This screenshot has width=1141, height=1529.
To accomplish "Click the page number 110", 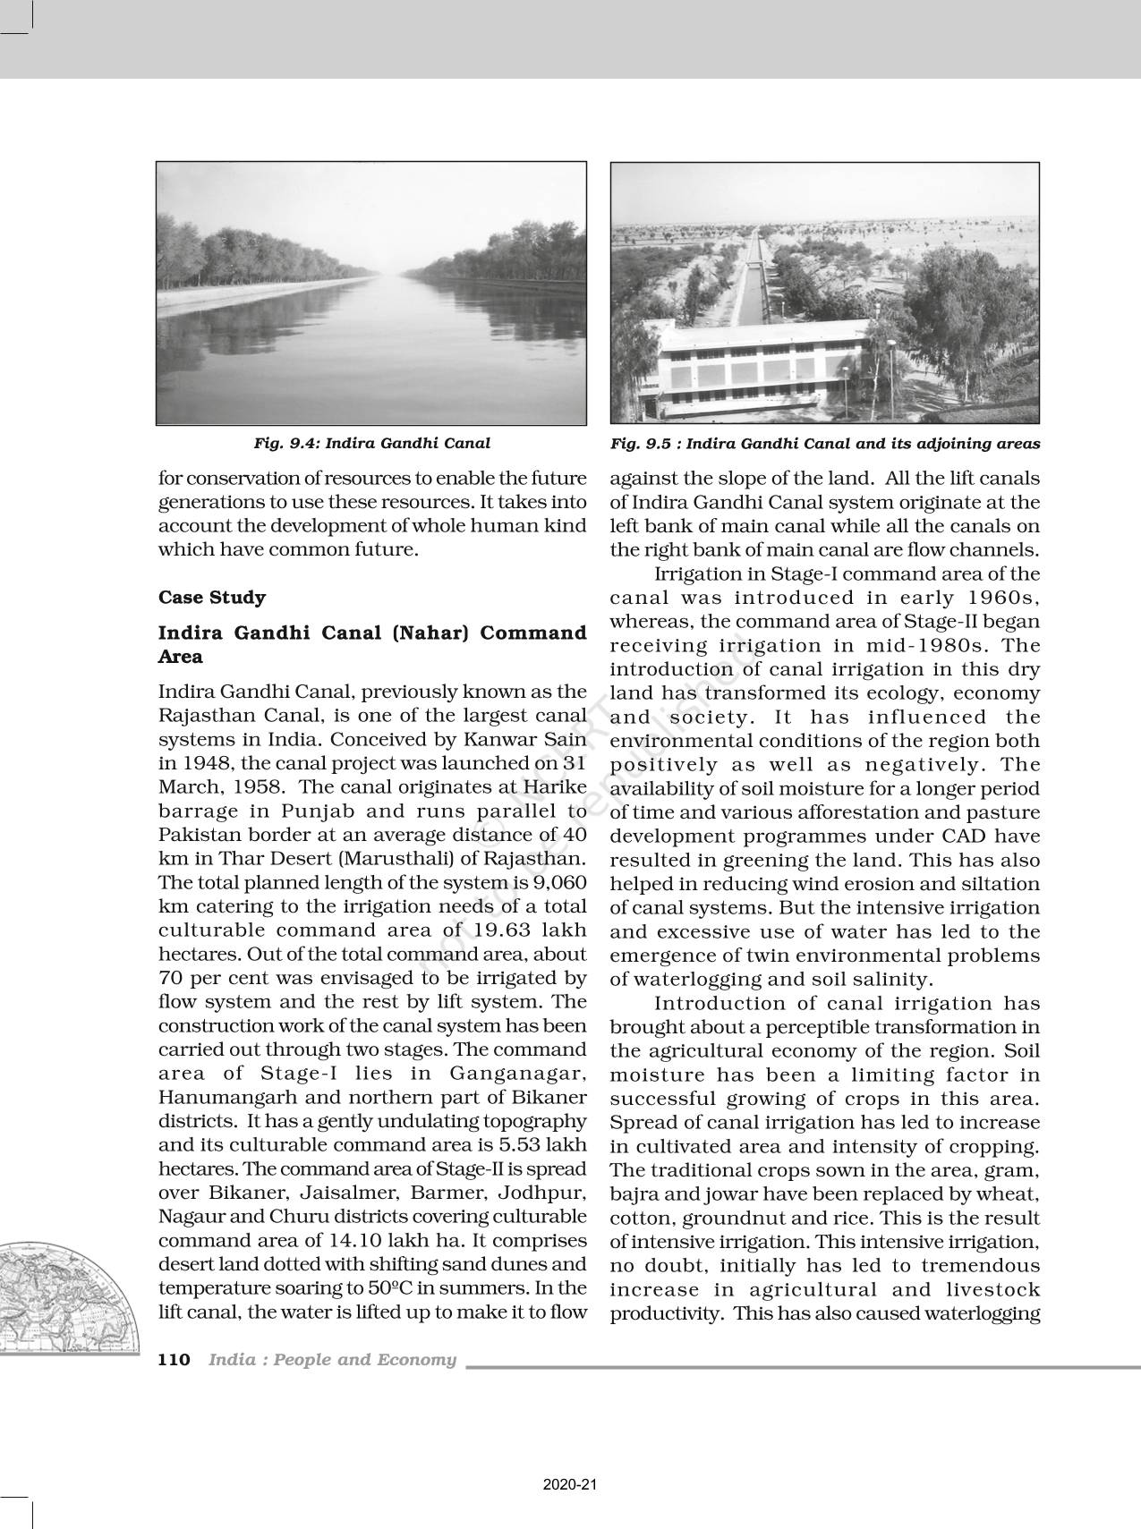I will pyautogui.click(x=174, y=1359).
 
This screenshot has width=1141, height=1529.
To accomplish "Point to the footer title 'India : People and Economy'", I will pyautogui.click(x=332, y=1359).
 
